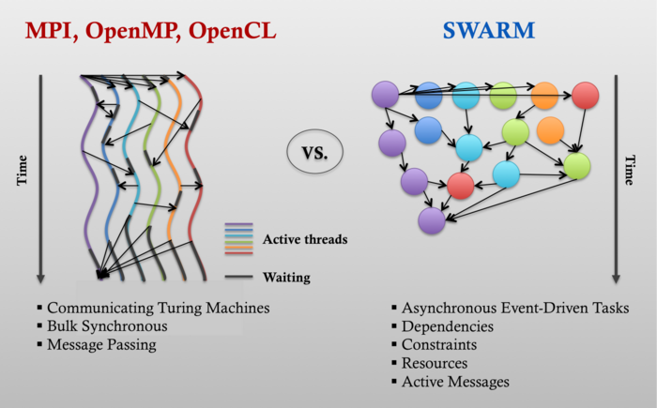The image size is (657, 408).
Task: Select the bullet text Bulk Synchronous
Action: [x=107, y=325]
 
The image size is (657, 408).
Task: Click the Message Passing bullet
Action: [x=102, y=344]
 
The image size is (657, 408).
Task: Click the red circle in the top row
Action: [x=585, y=95]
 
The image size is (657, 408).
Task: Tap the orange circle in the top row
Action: [x=544, y=95]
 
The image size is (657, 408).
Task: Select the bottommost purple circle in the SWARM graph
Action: [x=431, y=219]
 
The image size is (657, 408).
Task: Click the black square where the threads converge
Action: [x=103, y=275]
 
